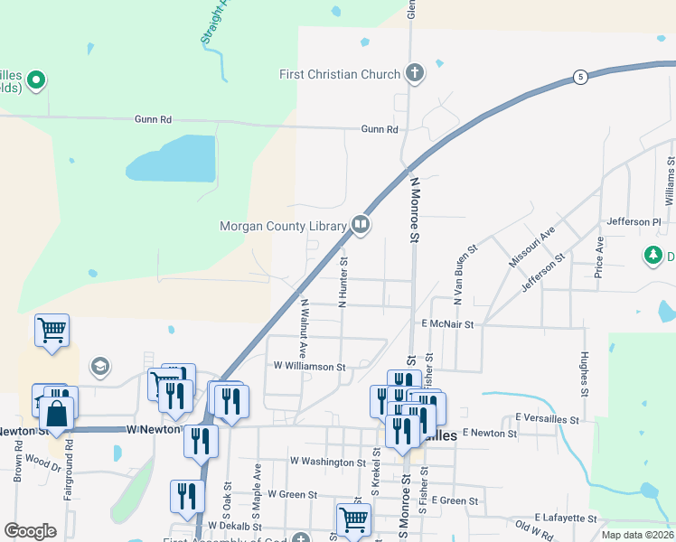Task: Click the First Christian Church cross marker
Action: tap(415, 73)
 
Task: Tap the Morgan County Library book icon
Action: tap(361, 224)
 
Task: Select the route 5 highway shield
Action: tap(580, 77)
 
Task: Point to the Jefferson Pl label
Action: tap(634, 221)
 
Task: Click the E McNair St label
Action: tap(447, 322)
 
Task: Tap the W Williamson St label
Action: tap(310, 367)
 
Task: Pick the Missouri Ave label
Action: tap(532, 247)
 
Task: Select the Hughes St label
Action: tap(585, 374)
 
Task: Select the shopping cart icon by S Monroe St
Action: tap(353, 519)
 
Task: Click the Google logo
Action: tap(30, 531)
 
